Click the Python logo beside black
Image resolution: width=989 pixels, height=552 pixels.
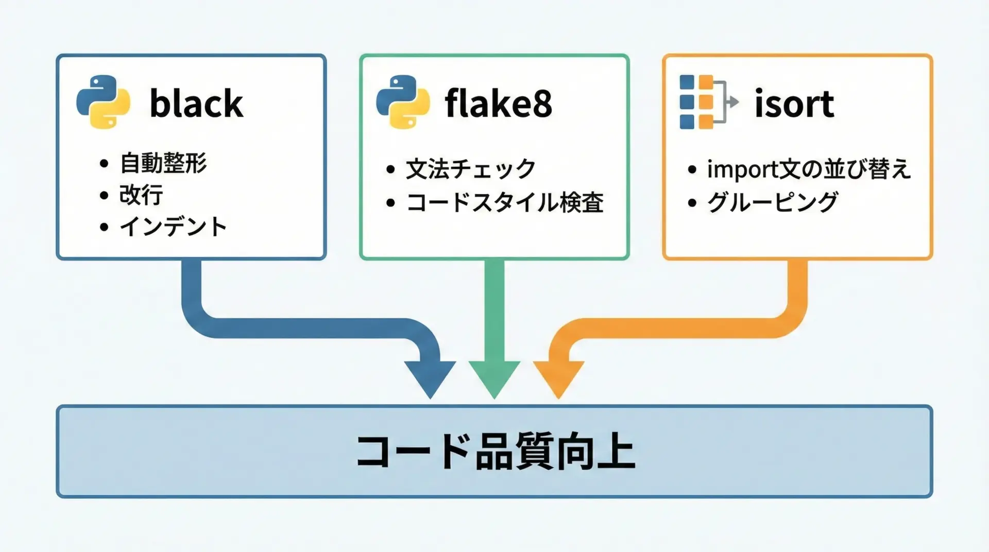(103, 102)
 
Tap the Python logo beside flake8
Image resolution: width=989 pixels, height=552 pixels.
(403, 102)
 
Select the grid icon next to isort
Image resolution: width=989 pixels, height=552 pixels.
(708, 102)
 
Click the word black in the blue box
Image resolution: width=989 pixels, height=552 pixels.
(196, 104)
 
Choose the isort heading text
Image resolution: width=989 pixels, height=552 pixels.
(794, 104)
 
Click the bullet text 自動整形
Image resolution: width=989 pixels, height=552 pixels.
(163, 163)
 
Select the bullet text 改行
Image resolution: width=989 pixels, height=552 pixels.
(141, 195)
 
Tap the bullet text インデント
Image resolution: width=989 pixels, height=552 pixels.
(173, 227)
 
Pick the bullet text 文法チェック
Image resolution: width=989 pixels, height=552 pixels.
(471, 169)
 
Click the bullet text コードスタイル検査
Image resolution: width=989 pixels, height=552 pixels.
(505, 202)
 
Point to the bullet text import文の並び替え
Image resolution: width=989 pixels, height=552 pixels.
(809, 169)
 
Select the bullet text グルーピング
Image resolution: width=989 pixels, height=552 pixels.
(773, 202)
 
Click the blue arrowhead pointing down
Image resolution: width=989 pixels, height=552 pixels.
(430, 377)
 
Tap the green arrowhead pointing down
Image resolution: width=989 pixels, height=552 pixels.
(494, 377)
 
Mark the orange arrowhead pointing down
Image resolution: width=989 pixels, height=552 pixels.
(558, 377)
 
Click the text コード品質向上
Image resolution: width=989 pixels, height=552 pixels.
(495, 452)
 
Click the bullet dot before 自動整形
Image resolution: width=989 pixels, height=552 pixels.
(104, 164)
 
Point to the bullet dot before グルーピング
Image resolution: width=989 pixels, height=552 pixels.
(692, 203)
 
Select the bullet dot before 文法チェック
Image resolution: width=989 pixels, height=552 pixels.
(390, 170)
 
